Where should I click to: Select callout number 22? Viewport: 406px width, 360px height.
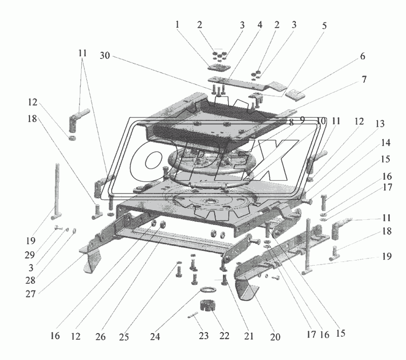224,336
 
